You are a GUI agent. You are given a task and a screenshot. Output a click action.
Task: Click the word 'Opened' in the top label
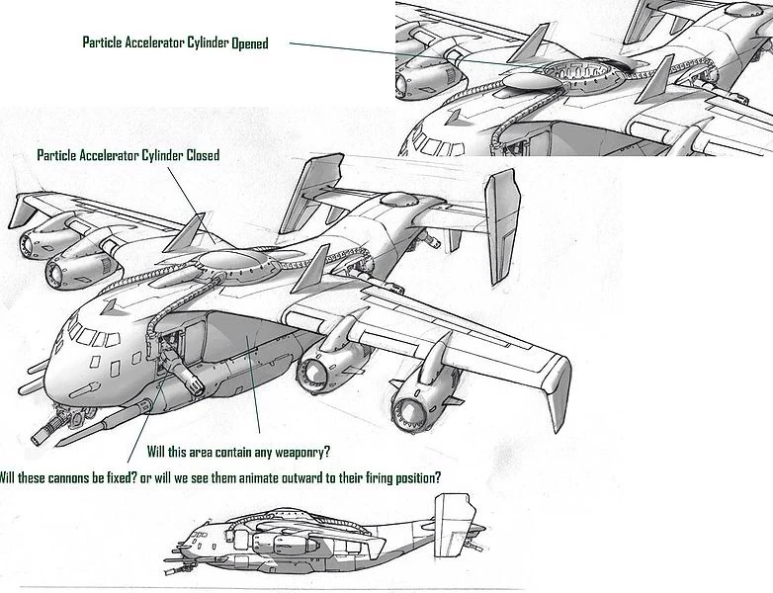[x=243, y=43]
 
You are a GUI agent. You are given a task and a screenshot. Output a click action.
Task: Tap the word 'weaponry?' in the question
[x=296, y=452]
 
